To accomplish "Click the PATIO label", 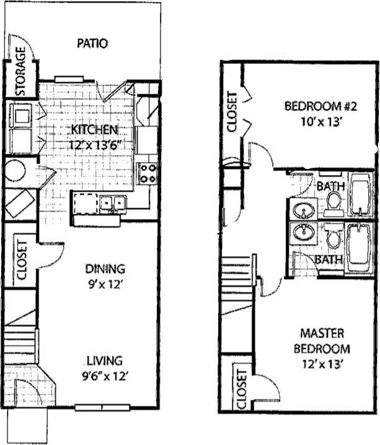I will coord(93,43).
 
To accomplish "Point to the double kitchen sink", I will coord(112,202).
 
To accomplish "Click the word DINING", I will coord(105,269).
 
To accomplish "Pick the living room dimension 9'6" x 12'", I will coord(104,375).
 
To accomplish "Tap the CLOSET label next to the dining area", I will coord(20,260).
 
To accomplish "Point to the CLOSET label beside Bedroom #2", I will coord(232,112).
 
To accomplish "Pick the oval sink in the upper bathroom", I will coord(303,211).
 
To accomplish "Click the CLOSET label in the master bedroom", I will coord(241,389).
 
